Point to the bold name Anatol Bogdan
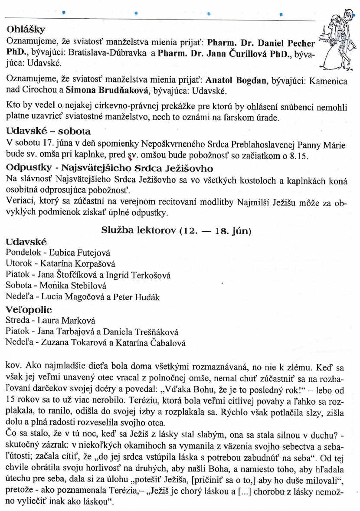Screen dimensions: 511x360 point(230,81)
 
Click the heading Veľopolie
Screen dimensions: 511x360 point(29,310)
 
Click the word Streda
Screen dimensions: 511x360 point(17,321)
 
